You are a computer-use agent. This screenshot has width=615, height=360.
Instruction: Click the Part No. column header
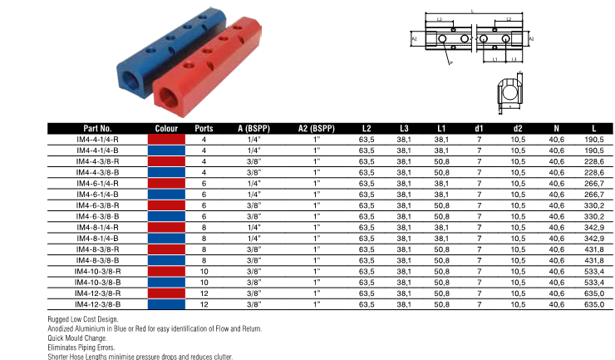pos(97,128)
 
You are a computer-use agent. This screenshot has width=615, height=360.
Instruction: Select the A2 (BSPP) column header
pos(317,128)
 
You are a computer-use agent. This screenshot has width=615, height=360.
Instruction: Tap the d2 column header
pos(518,128)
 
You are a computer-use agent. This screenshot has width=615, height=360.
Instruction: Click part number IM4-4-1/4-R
pos(97,140)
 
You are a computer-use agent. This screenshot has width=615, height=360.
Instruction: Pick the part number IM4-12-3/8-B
pos(97,304)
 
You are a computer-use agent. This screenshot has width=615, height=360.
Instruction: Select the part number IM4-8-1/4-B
pos(97,239)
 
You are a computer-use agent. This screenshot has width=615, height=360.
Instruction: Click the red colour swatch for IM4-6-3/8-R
pos(166,205)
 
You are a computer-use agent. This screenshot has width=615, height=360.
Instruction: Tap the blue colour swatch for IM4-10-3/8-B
pos(166,283)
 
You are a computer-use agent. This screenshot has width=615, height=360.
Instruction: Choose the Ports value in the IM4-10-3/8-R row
pos(204,271)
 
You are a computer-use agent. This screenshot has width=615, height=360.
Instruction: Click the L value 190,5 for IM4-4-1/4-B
pos(594,150)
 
